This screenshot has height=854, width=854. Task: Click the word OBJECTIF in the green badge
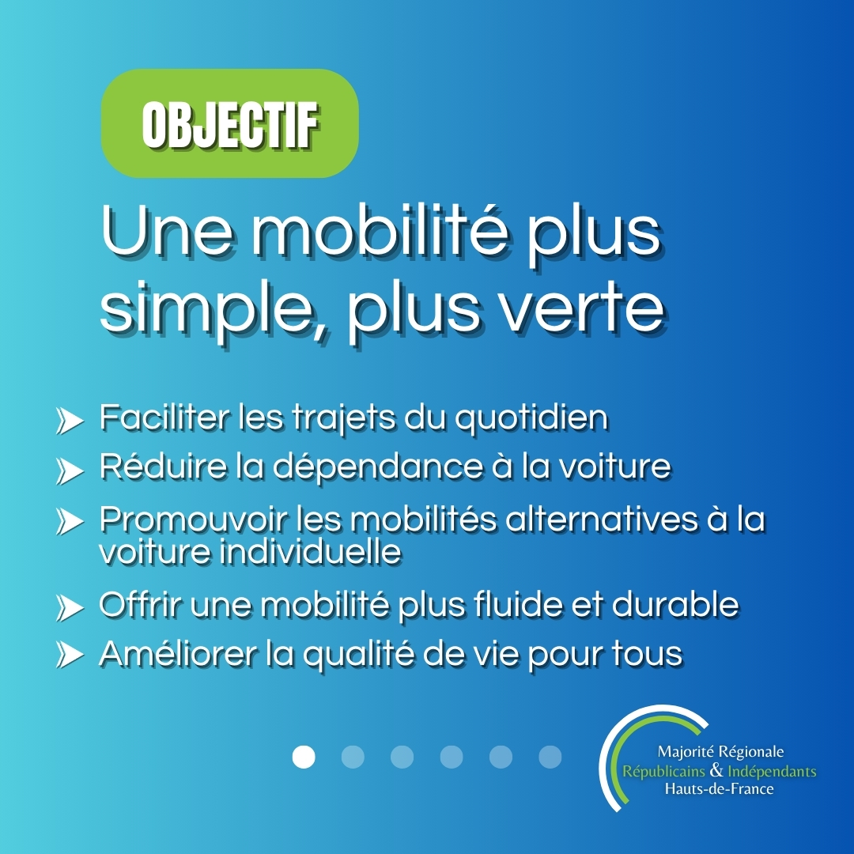(230, 123)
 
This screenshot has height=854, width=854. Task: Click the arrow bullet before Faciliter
(70, 421)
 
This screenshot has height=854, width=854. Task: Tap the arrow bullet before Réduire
(70, 470)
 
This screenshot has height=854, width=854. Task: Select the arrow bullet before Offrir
(70, 607)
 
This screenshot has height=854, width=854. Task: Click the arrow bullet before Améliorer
(70, 655)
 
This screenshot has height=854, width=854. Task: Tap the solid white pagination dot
(304, 757)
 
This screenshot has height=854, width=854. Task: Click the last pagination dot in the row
(550, 757)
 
